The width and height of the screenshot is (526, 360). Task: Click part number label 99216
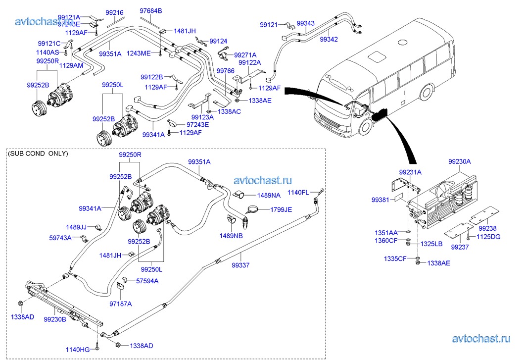tap(114, 12)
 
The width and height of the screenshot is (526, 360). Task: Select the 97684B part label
tap(151, 10)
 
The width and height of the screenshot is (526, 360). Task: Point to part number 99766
tap(226, 71)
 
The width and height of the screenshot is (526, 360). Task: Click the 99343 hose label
tap(305, 23)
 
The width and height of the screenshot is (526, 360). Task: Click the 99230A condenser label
tap(460, 161)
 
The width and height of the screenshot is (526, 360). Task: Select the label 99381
tap(381, 200)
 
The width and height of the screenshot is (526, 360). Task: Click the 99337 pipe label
tap(239, 265)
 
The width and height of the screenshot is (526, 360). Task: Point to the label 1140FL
tap(298, 192)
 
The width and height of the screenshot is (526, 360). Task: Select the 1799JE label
tap(281, 209)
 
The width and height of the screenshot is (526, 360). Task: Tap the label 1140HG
tap(78, 350)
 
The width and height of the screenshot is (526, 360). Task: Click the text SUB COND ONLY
tap(38, 154)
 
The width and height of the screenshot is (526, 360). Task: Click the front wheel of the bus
tap(365, 127)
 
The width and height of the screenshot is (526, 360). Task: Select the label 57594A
tap(147, 281)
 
